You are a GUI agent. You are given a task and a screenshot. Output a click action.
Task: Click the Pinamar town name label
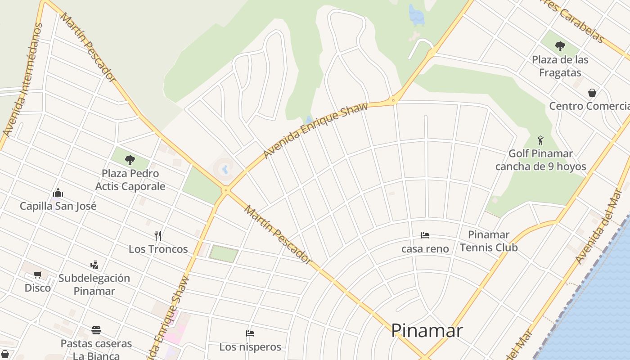coord(427,331)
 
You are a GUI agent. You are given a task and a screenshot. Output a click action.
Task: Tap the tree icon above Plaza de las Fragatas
coord(560,46)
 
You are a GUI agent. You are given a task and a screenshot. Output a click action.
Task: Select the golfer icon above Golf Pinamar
coord(540,140)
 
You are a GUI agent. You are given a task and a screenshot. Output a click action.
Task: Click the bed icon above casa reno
coord(425,235)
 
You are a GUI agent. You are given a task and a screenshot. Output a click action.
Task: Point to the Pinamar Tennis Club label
coord(489,241)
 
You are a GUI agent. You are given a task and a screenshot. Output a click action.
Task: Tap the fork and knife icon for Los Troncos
coord(158,235)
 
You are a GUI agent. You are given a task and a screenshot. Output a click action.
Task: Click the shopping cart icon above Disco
coord(38,274)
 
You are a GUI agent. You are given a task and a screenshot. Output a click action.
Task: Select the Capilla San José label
coord(58,206)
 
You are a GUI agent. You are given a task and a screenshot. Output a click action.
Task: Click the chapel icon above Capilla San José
coord(58,193)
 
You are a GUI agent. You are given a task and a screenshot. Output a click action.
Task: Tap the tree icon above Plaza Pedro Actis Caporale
coord(130,160)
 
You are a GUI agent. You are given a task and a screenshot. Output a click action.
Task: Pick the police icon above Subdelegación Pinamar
coord(94,265)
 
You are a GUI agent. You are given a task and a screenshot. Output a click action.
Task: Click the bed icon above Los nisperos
coord(250,333)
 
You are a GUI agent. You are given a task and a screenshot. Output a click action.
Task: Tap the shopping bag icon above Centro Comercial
coord(592,93)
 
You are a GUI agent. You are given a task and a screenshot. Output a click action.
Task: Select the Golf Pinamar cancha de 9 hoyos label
coord(540,160)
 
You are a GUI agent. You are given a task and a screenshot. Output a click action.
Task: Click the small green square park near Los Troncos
coord(224,253)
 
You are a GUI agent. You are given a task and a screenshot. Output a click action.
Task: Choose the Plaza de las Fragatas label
coord(560,66)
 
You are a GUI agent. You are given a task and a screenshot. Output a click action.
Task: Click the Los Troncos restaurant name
coord(158,249)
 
